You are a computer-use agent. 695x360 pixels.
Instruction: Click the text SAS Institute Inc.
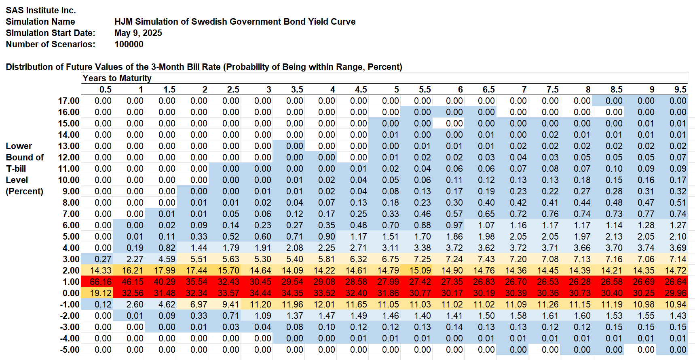[41, 11]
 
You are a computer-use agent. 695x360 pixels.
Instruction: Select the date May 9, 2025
[138, 33]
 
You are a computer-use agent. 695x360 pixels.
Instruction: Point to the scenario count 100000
[129, 44]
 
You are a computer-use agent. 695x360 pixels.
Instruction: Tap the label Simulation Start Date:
[51, 33]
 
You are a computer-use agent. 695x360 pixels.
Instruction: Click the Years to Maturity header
[117, 78]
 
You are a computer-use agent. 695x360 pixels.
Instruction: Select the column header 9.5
[680, 90]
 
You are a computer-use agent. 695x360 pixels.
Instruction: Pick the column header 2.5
[233, 90]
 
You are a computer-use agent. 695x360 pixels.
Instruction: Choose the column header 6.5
[489, 90]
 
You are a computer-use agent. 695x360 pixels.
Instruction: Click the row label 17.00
[69, 101]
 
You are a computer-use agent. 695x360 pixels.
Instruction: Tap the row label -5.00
[70, 350]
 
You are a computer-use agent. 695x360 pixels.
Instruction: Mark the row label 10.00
[69, 180]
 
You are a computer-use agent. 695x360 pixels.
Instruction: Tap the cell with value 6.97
[199, 305]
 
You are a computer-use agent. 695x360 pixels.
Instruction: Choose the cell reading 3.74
[646, 248]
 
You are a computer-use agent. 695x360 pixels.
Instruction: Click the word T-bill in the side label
[16, 169]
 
